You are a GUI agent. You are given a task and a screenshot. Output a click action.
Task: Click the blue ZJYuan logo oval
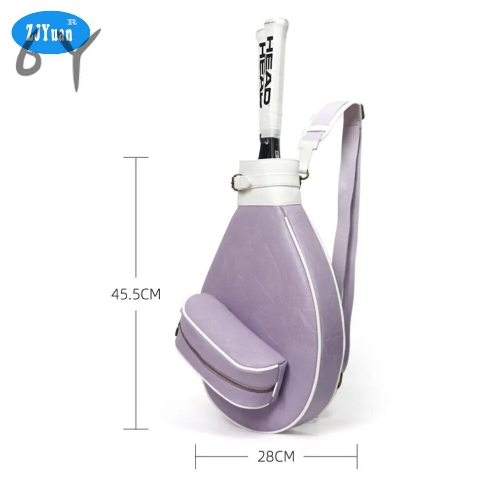[51, 32]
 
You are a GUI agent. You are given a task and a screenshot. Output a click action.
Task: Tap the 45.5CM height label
[136, 294]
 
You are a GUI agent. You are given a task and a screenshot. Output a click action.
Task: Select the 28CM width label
[276, 457]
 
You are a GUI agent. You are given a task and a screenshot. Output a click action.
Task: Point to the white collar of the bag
[270, 182]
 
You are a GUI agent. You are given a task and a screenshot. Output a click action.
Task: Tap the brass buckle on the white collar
[235, 182]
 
